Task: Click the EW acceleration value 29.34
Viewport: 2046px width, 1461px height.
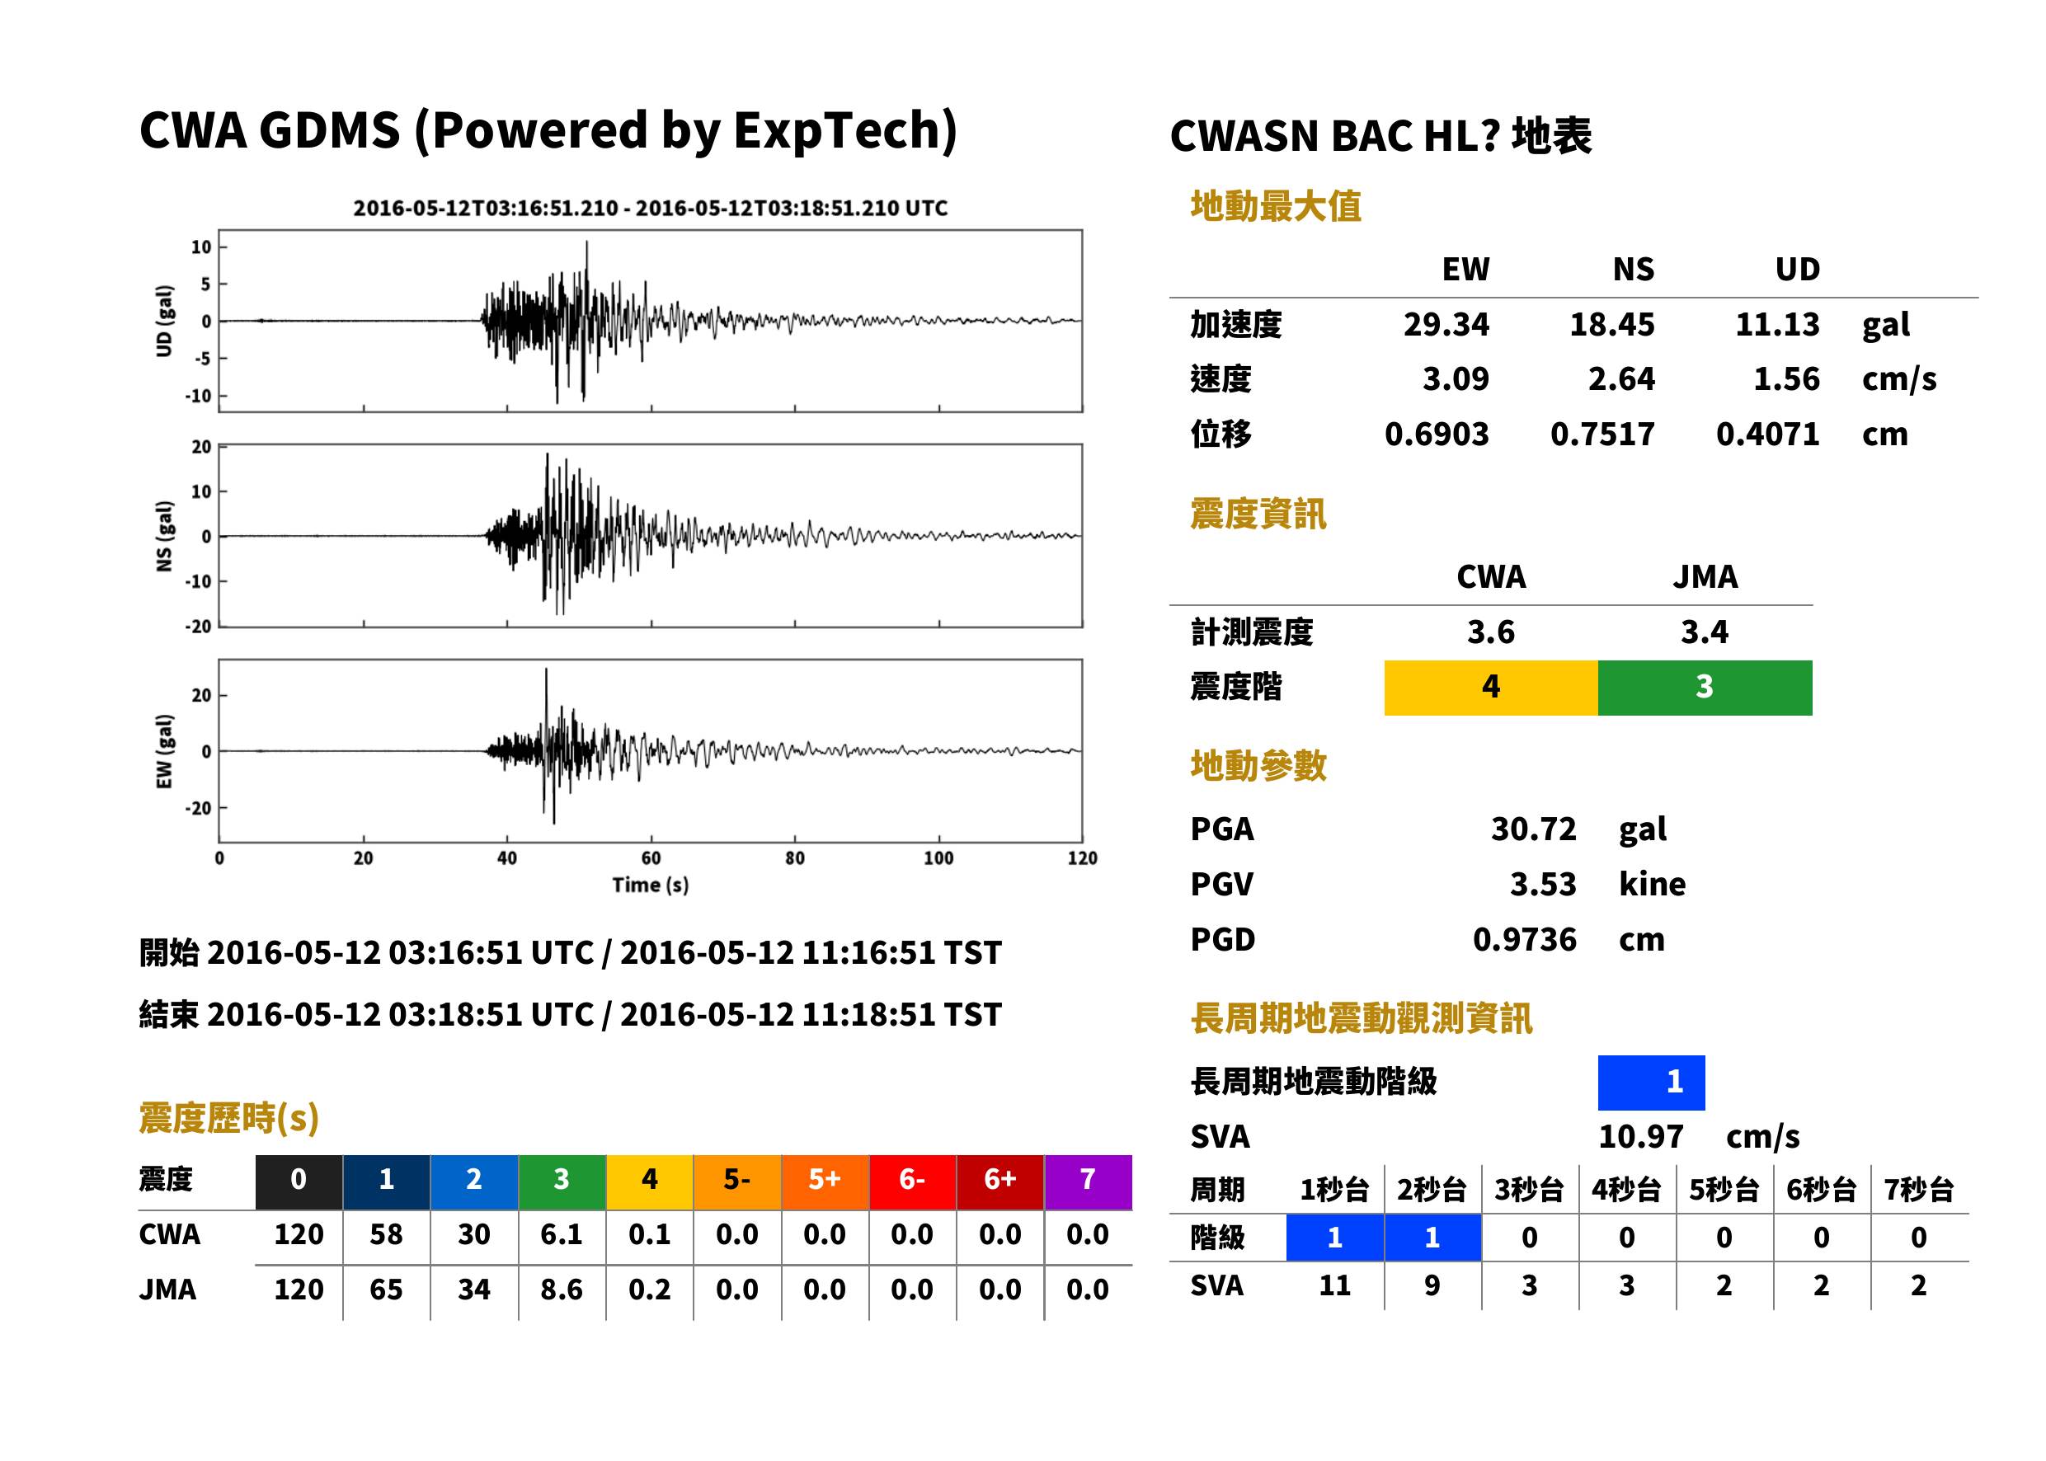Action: [1445, 325]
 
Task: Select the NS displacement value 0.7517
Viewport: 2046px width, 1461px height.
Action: [1602, 435]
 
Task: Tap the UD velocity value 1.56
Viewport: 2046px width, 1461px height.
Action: [1786, 379]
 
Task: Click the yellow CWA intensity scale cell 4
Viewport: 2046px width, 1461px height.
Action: [1491, 688]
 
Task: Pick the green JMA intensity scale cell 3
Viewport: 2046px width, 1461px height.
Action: [1705, 688]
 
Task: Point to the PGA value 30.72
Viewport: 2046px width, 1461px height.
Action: [1533, 829]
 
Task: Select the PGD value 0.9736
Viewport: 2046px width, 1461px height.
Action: [1524, 939]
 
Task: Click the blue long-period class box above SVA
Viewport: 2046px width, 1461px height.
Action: [1651, 1083]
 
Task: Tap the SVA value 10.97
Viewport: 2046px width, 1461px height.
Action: [1640, 1137]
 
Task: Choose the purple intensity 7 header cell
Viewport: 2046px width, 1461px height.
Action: [1088, 1181]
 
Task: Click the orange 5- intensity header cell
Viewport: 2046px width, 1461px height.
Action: [737, 1181]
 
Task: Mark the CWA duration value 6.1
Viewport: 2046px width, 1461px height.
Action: [562, 1234]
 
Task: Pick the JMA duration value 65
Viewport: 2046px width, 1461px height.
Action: [386, 1290]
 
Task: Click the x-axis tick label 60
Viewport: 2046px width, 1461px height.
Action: [651, 858]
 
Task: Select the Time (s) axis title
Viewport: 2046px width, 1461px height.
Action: [651, 886]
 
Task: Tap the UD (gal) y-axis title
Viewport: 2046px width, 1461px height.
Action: [164, 322]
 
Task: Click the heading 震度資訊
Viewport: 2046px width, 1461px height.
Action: [1258, 514]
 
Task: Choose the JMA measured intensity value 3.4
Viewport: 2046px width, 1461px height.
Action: [1704, 632]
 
